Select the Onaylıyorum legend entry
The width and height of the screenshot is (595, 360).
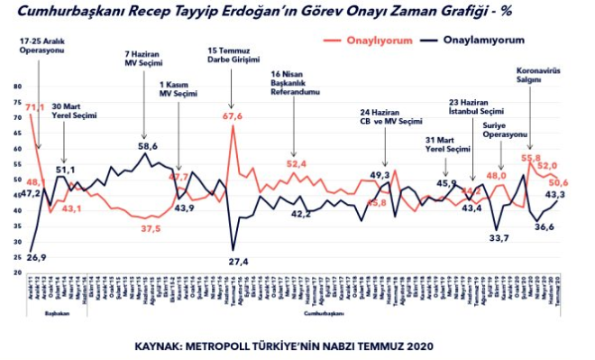(378, 41)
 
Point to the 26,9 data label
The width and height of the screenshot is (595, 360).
(36, 257)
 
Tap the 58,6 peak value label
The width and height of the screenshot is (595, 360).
(148, 145)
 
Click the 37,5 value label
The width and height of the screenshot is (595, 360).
(151, 229)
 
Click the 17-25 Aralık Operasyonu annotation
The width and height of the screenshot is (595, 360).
(36, 47)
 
